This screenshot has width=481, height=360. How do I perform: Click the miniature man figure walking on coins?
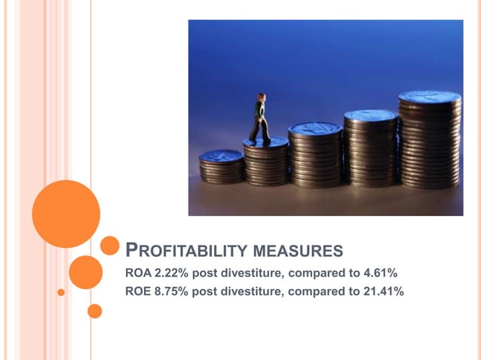point(260,119)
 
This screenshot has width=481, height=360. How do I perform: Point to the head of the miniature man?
point(261,97)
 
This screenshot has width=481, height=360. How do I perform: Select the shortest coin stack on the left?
point(221,167)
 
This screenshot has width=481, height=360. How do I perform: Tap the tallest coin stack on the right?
point(430,139)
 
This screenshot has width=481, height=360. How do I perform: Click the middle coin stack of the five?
point(315,154)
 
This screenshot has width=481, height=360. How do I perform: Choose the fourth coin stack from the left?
point(370,147)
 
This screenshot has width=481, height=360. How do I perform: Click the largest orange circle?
point(66,213)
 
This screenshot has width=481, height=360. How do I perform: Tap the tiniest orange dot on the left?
point(61,291)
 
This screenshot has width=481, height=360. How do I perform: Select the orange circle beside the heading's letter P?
point(110,246)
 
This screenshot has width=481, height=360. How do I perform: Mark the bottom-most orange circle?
point(94,310)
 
